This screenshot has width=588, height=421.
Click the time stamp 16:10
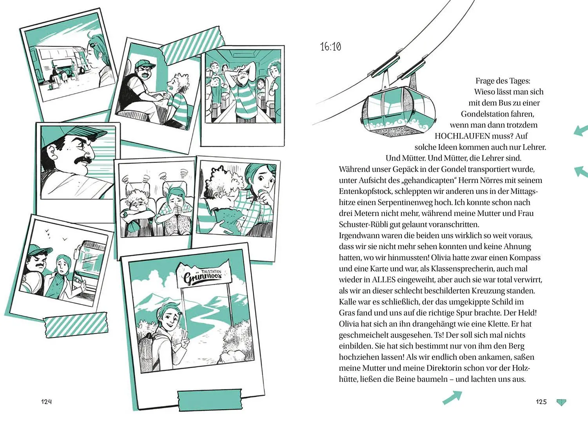coord(330,47)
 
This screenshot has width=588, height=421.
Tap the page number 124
coord(47,401)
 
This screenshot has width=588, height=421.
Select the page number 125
coord(541,401)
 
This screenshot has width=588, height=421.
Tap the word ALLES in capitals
coord(383,280)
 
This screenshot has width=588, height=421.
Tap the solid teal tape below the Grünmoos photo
coord(210,399)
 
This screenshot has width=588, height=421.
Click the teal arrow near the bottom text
coord(452,397)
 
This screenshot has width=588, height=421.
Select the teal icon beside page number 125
coord(561,402)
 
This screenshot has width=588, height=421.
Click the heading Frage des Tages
coord(503,81)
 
